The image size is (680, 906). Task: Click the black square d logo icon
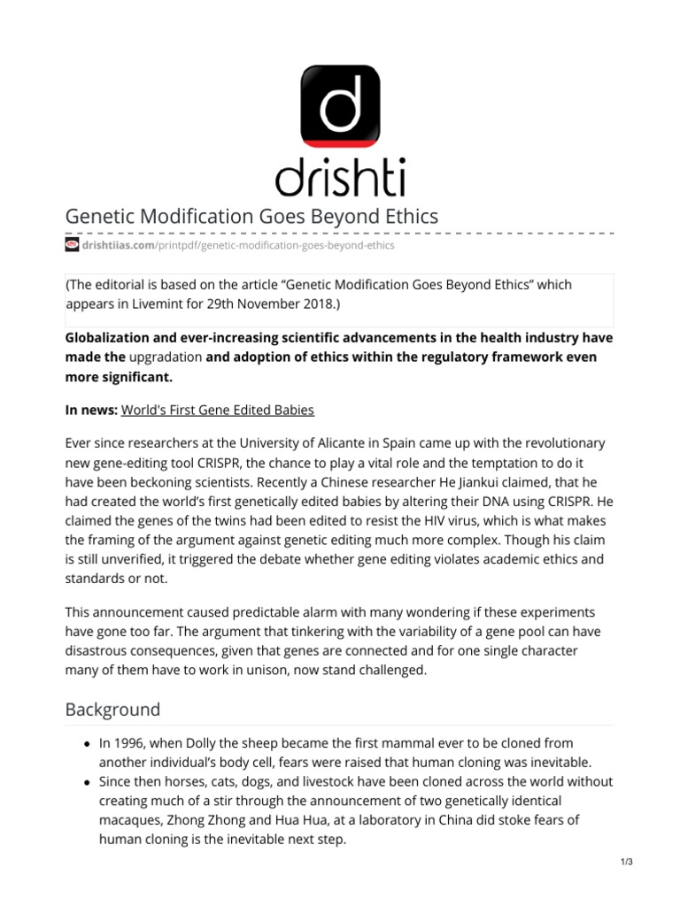(340, 105)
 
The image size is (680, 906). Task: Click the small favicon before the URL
(73, 245)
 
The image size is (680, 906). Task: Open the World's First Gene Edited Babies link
(217, 410)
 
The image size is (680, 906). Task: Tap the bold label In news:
(90, 410)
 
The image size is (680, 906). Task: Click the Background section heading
(113, 710)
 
